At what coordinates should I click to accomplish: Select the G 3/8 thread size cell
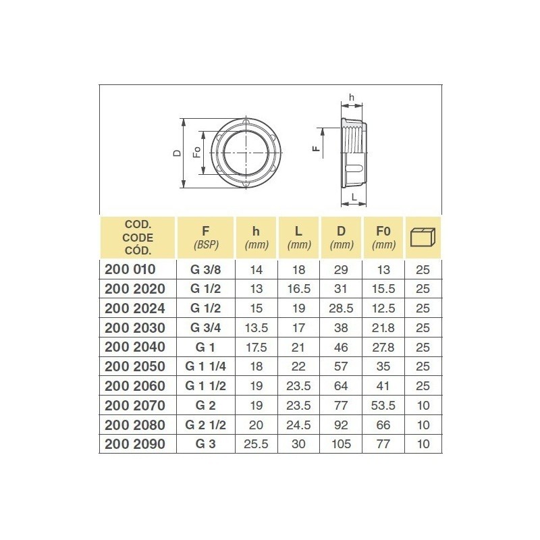pos(205,269)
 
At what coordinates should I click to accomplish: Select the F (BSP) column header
pos(205,236)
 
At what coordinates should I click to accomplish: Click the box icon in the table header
pos(423,237)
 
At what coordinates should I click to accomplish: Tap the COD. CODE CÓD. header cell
pos(137,237)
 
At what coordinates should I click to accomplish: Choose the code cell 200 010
pos(130,269)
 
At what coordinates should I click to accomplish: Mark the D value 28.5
pos(342,308)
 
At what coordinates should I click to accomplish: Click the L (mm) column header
pos(299,236)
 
